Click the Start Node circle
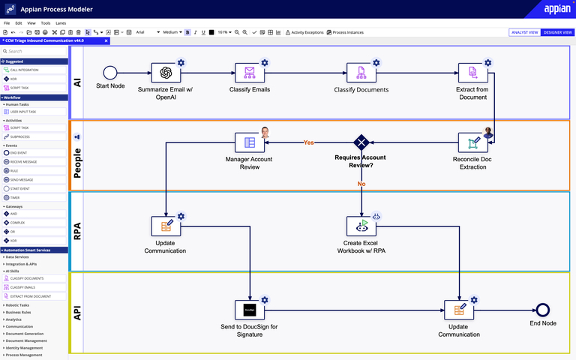pos(110,73)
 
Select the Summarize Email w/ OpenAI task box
pos(166,73)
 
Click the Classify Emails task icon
pos(250,73)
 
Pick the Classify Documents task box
pos(361,73)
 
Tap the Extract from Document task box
pos(472,73)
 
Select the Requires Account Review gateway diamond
pos(361,142)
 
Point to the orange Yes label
pos(308,142)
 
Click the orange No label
pos(361,183)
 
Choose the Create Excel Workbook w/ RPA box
pos(361,226)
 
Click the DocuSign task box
pos(250,309)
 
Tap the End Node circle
pos(543,309)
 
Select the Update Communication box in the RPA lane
pos(166,226)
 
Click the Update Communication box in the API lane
pos(459,309)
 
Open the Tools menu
pos(46,23)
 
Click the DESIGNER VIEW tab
pos(557,32)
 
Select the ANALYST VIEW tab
pos(524,32)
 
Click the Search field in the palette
pos(34,51)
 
